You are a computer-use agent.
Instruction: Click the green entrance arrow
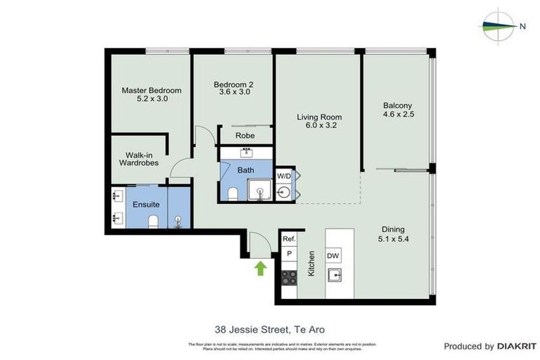tap(260, 267)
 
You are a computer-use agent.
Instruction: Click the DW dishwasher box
tap(333, 256)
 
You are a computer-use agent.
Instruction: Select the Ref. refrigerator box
tap(288, 239)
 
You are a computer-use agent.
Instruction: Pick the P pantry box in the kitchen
tap(288, 255)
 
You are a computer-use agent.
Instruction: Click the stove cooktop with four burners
tap(288, 276)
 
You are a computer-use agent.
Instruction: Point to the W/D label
tap(283, 175)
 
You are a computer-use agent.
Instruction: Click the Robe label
tap(245, 136)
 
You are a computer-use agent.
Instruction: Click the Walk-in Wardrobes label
tap(138, 159)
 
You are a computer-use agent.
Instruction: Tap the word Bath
tap(245, 170)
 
